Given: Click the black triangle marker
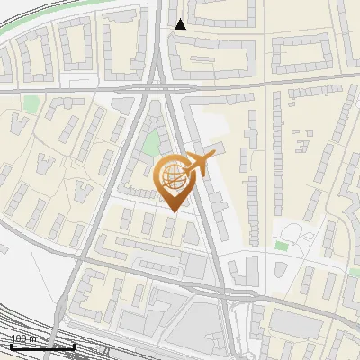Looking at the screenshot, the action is tap(181, 24).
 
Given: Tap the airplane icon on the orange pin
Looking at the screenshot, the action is tap(199, 164).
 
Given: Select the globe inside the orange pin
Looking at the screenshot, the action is tap(171, 177).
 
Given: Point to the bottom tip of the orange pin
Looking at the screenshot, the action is tap(172, 211).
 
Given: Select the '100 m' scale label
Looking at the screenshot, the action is tap(23, 339).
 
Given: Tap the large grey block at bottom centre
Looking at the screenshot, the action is tap(202, 324).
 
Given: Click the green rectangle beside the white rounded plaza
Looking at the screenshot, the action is tap(282, 246).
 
